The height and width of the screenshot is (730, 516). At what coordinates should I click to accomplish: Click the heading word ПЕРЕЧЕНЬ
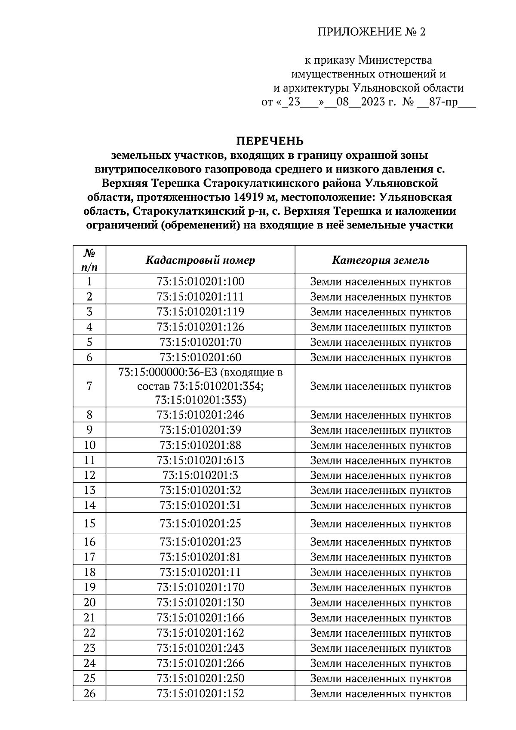[x=270, y=141]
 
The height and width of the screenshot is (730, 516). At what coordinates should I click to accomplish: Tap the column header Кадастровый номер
[x=200, y=260]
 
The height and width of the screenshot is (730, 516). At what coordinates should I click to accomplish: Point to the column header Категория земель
[x=381, y=260]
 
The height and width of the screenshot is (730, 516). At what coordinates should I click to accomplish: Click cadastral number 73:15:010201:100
[x=200, y=282]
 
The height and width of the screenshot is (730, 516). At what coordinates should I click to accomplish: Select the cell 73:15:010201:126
[x=200, y=327]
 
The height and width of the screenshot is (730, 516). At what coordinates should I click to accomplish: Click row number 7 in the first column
[x=89, y=386]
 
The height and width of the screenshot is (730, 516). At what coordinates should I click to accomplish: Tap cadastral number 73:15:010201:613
[x=200, y=460]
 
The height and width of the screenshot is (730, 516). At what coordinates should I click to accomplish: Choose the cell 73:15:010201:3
[x=200, y=475]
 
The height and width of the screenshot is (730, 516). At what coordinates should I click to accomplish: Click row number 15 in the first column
[x=89, y=524]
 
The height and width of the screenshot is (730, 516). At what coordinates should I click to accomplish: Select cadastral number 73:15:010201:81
[x=200, y=557]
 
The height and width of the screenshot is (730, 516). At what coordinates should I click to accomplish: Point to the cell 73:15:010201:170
[x=200, y=587]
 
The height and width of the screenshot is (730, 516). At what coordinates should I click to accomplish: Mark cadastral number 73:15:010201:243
[x=200, y=648]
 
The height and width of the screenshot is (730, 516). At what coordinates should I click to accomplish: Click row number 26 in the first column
[x=89, y=693]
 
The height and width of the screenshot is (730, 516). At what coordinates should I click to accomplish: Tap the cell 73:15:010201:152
[x=200, y=693]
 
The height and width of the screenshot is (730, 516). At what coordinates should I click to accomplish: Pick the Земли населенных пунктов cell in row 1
[x=381, y=282]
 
